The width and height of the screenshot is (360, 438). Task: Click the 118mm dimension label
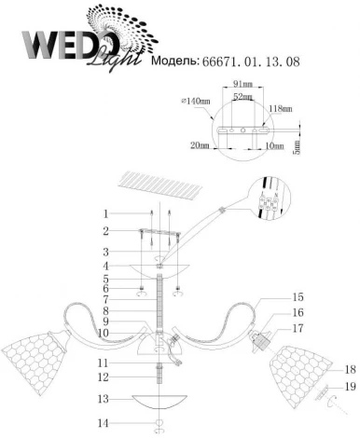pos(282,108)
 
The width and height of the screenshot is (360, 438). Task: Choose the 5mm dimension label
pos(297,145)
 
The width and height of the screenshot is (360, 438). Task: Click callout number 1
pos(106,213)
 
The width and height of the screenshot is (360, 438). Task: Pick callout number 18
pos(351,369)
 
